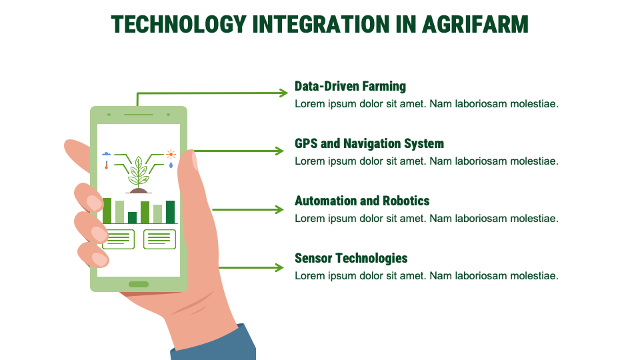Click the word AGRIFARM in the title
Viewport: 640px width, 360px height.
pos(475,24)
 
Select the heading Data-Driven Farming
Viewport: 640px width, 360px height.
pos(350,86)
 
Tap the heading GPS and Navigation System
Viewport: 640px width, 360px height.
pos(369,143)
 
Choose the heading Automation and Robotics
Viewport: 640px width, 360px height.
pos(362,201)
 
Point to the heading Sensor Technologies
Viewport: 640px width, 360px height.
pos(351,258)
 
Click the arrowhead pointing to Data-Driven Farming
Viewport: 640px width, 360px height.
pos(283,93)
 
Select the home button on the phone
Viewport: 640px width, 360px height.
pos(139,285)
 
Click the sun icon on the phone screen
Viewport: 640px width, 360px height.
pos(171,154)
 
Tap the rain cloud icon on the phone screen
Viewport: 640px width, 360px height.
pos(106,154)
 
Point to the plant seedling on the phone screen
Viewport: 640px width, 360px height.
pos(139,172)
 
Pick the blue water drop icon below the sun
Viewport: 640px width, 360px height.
pos(171,165)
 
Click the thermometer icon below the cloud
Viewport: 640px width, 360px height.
pos(106,165)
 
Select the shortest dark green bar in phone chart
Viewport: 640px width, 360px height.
pos(132,217)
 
